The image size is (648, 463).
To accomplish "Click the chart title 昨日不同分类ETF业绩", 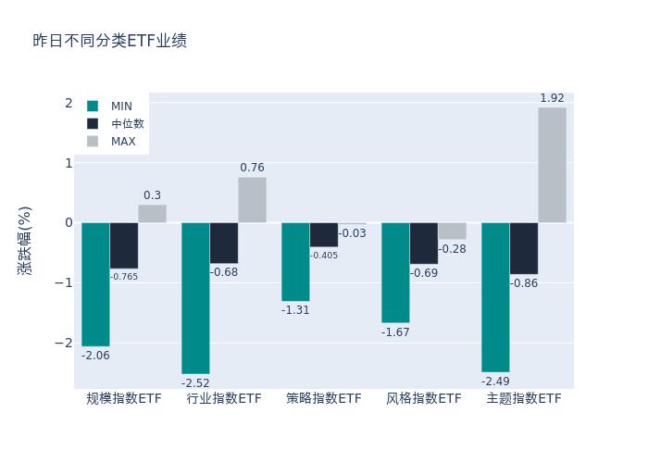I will tap(109, 41).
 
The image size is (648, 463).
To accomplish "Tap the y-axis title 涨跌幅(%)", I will tap(25, 241).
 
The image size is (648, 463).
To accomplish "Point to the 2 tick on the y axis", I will tap(68, 103).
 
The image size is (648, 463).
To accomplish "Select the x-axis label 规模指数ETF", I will tap(124, 398).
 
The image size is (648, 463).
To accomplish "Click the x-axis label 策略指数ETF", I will tap(324, 398).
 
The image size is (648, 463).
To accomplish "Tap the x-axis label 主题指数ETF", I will tap(524, 398).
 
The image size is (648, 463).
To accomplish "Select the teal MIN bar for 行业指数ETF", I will tap(195, 297).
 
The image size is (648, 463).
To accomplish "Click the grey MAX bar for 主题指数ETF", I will tap(552, 165).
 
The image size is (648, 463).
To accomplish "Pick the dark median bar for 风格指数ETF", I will tap(424, 243).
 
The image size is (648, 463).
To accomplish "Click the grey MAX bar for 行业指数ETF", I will tap(252, 200).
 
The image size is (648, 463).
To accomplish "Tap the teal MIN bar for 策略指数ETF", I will tap(295, 261).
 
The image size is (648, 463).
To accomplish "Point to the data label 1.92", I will tap(552, 98).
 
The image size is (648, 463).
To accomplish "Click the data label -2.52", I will tap(195, 382).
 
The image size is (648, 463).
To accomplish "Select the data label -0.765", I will tap(124, 277).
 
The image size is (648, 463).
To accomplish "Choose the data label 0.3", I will tap(152, 195).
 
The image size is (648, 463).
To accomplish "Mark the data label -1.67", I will tap(395, 332).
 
